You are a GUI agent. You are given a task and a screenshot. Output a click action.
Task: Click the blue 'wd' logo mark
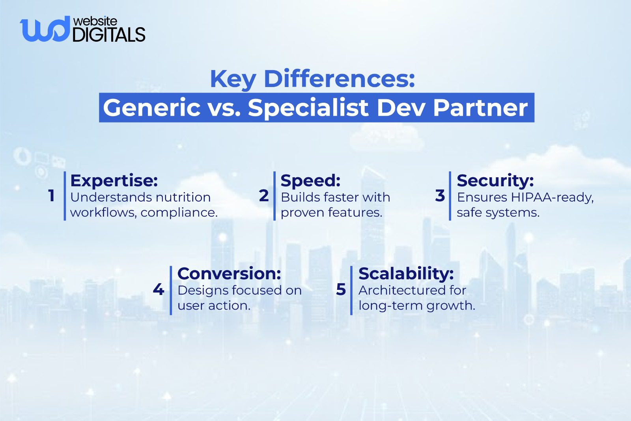(x=44, y=29)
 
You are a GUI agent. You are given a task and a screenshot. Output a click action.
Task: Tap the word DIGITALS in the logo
(x=109, y=35)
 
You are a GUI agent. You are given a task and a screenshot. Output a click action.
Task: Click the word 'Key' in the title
(x=233, y=79)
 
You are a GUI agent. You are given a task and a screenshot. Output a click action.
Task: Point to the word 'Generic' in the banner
(x=152, y=108)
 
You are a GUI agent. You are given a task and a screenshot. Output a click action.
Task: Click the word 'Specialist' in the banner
(x=308, y=108)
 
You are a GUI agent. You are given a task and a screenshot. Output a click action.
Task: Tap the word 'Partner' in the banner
(x=480, y=108)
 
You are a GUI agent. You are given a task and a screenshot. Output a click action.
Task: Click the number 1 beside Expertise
(x=51, y=196)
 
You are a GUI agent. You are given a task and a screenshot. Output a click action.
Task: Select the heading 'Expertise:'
(x=114, y=180)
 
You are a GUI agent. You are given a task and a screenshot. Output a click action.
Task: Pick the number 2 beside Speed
(x=264, y=196)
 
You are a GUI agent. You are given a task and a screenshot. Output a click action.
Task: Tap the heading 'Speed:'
(x=310, y=180)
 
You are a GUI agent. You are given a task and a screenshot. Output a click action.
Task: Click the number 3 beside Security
(x=440, y=196)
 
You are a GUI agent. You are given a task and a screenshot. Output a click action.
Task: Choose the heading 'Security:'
(x=495, y=180)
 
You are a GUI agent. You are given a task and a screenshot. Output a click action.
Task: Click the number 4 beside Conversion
(x=158, y=289)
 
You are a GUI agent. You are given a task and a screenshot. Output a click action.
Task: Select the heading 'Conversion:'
(x=229, y=273)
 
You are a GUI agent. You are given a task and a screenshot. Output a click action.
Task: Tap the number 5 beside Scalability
(x=341, y=289)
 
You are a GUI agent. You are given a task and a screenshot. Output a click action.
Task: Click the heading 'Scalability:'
(x=406, y=273)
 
